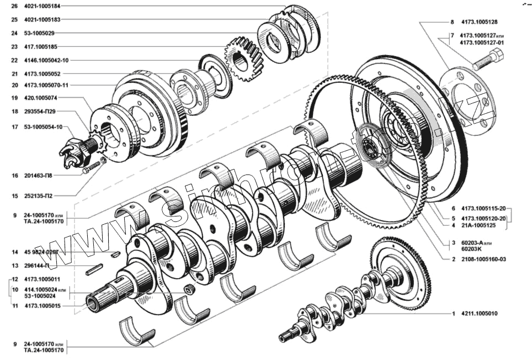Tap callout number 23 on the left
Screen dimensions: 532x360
click(14, 47)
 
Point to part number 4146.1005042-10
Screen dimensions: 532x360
click(46, 60)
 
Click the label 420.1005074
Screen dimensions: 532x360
click(40, 98)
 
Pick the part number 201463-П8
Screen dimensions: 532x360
click(40, 175)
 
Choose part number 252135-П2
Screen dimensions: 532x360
click(40, 195)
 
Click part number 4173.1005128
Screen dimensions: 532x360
click(478, 22)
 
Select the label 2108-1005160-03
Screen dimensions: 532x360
click(484, 259)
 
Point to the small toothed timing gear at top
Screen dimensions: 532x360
click(242, 60)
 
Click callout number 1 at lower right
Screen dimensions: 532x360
click(453, 314)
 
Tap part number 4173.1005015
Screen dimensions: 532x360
click(42, 305)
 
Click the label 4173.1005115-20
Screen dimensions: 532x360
click(482, 209)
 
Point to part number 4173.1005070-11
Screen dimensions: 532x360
click(46, 85)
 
